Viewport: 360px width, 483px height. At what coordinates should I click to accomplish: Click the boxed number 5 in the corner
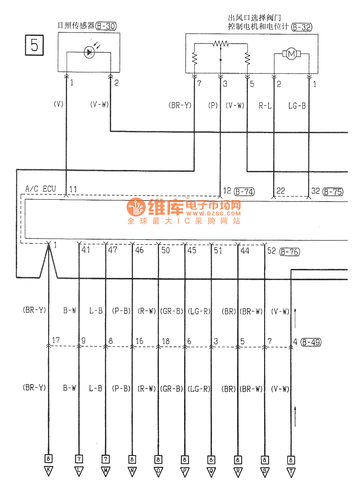(x=34, y=45)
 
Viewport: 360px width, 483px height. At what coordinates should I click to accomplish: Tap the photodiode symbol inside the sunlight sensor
(x=89, y=53)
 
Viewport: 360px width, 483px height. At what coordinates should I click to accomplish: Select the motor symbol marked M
(x=291, y=54)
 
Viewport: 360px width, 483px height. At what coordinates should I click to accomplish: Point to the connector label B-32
(x=301, y=27)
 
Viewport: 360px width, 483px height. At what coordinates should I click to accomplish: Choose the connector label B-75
(x=333, y=192)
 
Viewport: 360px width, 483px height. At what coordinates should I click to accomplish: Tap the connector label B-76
(x=289, y=251)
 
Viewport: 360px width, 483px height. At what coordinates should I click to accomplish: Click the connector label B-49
(x=310, y=342)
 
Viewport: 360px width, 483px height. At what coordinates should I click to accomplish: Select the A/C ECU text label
(x=40, y=189)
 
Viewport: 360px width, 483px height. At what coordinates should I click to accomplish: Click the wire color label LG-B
(x=297, y=106)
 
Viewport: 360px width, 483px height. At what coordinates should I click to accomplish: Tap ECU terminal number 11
(x=73, y=189)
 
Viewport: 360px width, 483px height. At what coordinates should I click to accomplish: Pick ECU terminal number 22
(x=281, y=191)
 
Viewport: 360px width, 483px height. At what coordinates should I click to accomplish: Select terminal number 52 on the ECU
(x=271, y=250)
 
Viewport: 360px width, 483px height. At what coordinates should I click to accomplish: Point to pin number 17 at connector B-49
(x=56, y=341)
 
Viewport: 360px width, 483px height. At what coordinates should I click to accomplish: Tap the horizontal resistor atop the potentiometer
(x=220, y=44)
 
